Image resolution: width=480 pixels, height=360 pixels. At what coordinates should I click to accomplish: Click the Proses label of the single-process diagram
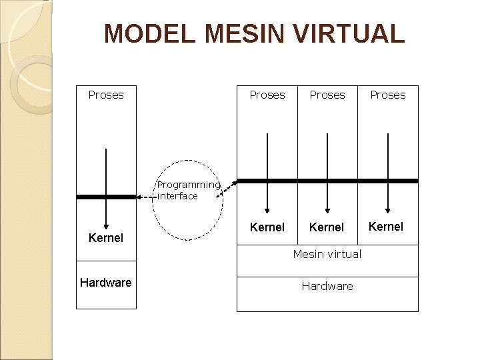point(106,95)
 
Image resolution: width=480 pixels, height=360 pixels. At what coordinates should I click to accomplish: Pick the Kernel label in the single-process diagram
point(106,238)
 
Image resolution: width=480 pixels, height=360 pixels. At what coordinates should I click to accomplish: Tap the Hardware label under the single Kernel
point(106,283)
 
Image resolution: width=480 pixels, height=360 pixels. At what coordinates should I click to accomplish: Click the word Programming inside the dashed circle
point(188,185)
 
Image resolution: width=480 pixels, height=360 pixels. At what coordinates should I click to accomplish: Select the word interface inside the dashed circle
point(178,196)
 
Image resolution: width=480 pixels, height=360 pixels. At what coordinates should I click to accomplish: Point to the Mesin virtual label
point(327,254)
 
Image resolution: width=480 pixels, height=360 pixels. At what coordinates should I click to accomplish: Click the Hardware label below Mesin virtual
point(327,286)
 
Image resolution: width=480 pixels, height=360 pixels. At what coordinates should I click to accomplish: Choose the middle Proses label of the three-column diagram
point(327,95)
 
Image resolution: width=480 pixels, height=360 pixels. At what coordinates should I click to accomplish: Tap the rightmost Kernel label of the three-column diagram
point(386,227)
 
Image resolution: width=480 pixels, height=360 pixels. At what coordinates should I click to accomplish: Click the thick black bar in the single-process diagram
point(106,197)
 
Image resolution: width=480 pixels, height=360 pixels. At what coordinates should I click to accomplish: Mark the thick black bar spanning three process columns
point(327,181)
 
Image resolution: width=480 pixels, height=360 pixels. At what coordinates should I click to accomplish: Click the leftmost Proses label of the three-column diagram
point(267,95)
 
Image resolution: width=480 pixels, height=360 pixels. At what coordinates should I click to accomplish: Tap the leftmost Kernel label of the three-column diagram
point(267,227)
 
